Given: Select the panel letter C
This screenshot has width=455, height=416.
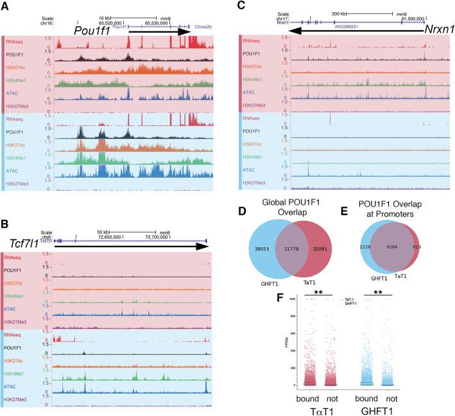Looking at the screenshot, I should (241, 6).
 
